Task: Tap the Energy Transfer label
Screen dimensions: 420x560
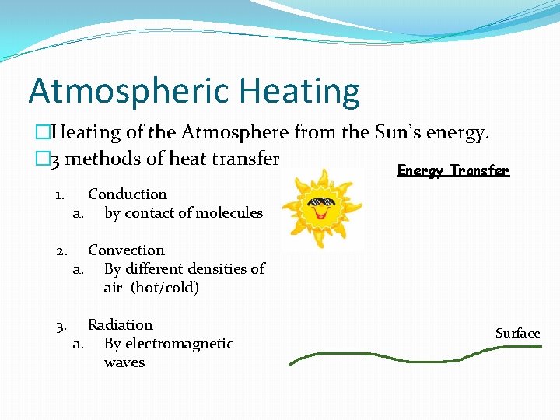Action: tap(453, 170)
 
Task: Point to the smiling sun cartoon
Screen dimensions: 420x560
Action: tap(321, 208)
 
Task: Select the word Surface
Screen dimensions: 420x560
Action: tap(517, 333)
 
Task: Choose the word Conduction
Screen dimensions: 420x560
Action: tap(127, 194)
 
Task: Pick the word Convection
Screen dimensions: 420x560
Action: tap(126, 250)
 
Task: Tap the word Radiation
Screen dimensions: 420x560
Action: tap(120, 325)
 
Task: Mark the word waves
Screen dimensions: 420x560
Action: tap(124, 362)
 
